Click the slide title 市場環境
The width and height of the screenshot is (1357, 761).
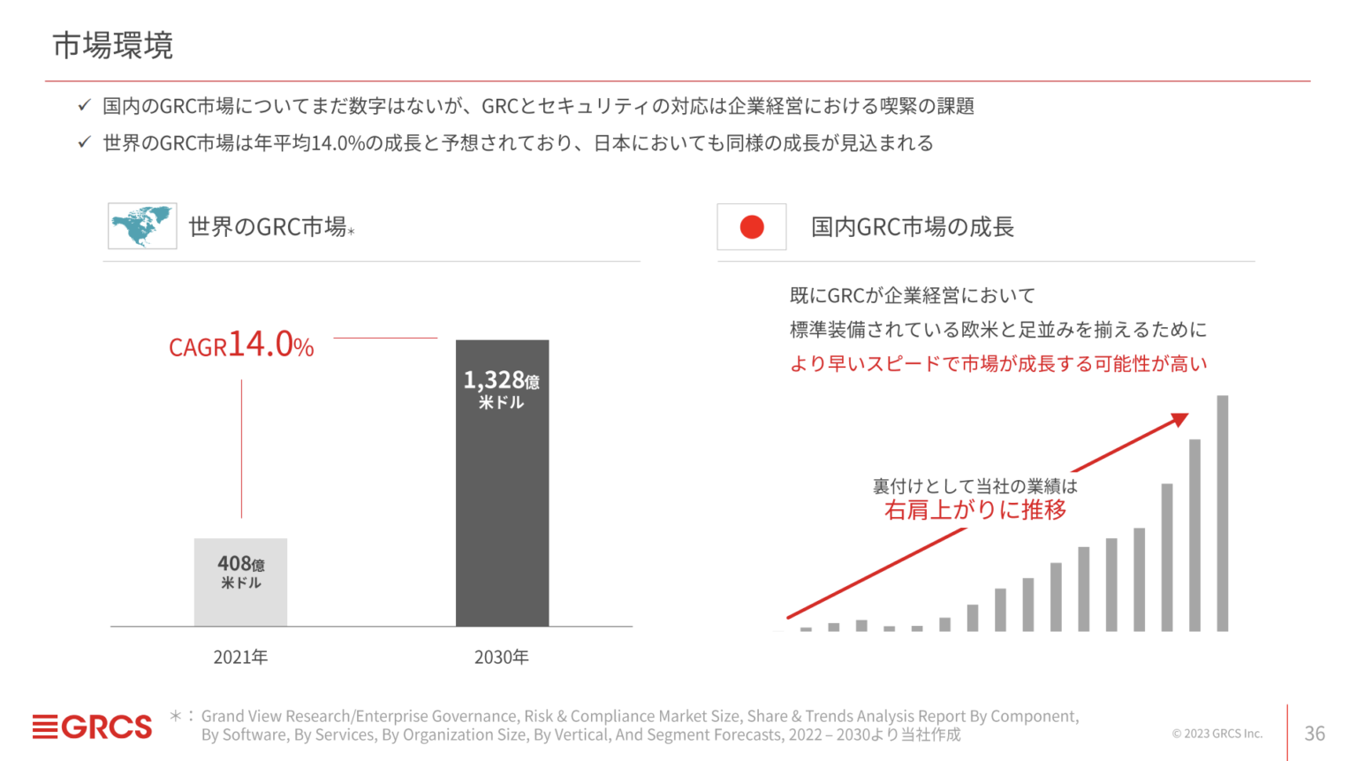tap(112, 45)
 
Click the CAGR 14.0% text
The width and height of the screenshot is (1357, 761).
tap(241, 345)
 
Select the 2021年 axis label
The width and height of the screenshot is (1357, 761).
tap(240, 657)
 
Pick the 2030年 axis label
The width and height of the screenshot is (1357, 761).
tap(501, 657)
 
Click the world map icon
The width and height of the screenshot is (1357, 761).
tap(142, 226)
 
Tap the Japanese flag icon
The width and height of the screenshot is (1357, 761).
tap(751, 227)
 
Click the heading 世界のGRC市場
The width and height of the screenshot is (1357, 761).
tap(268, 227)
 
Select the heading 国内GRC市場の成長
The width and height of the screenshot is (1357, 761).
tap(912, 227)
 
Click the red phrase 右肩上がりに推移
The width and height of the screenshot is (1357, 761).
tap(974, 510)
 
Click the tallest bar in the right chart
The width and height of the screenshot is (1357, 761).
tap(1223, 513)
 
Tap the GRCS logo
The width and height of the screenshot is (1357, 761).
tap(92, 727)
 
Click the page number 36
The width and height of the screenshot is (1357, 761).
tap(1315, 733)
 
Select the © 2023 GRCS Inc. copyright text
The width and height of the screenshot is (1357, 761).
tap(1217, 734)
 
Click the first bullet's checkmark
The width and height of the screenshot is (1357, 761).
tap(84, 105)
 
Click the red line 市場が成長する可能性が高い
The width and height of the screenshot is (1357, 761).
tap(997, 364)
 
